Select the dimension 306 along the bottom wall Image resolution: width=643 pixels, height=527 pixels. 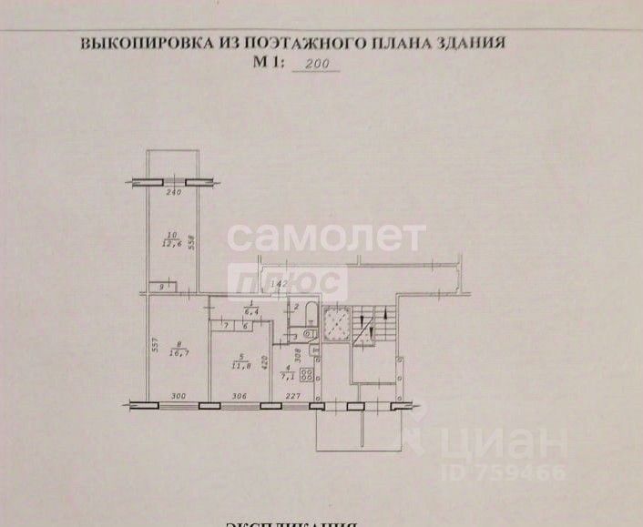[x=240, y=396]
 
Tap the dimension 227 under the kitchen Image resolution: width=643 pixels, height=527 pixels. [x=290, y=396]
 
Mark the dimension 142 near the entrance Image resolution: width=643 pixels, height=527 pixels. [x=281, y=285]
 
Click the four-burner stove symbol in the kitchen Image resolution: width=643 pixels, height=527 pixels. [x=309, y=372]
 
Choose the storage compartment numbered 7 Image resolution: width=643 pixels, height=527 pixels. [x=224, y=326]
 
